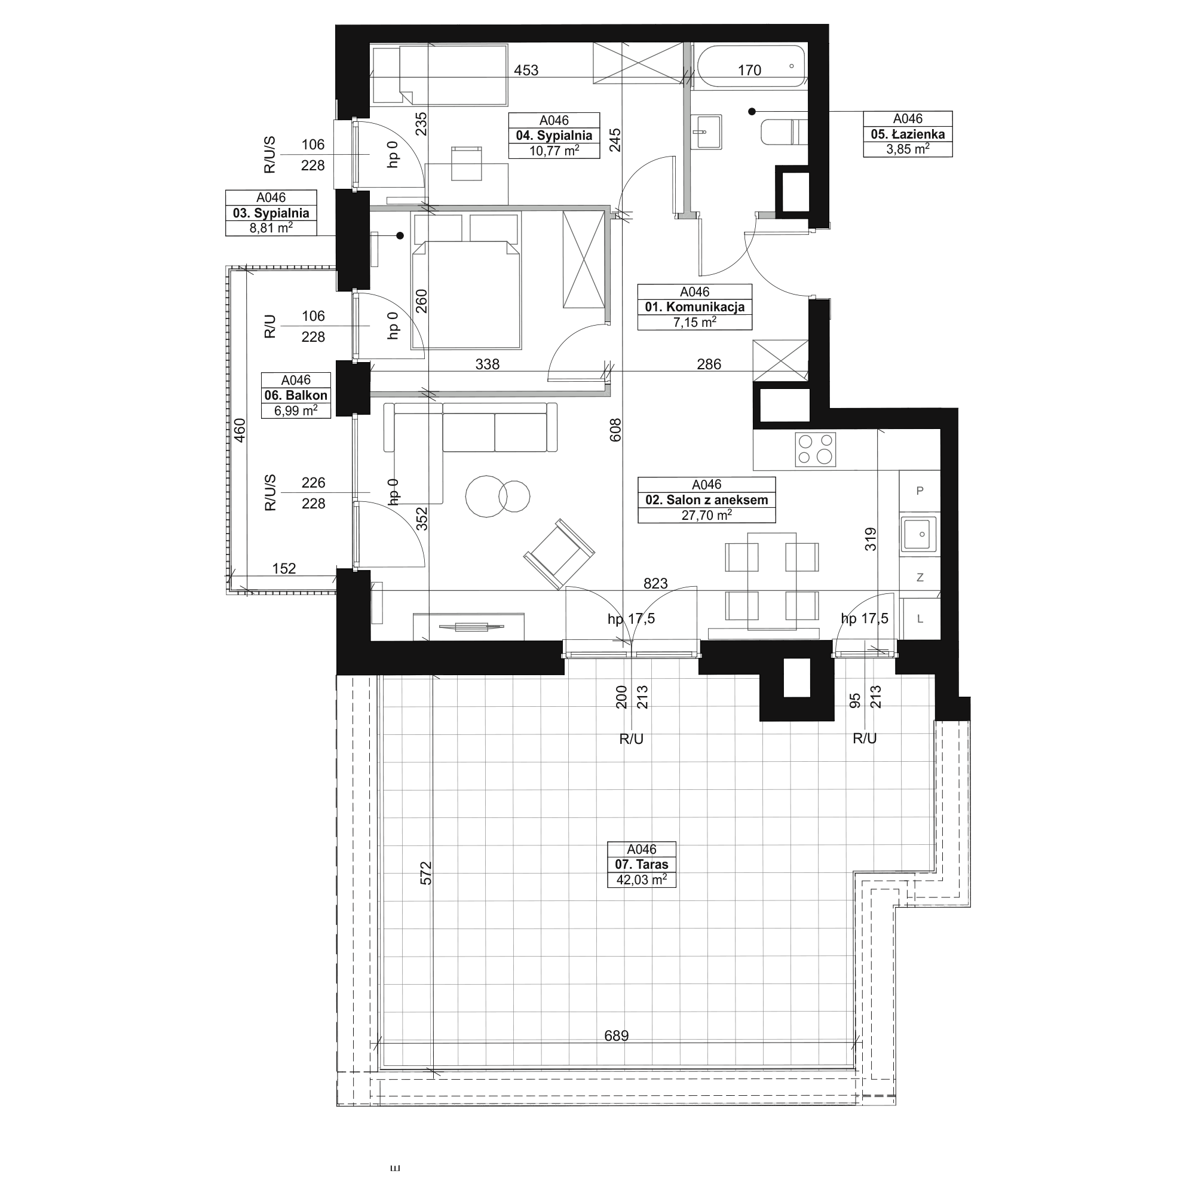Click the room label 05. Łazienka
click(908, 134)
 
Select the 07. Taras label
click(641, 865)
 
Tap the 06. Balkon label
click(296, 395)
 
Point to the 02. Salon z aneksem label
click(706, 500)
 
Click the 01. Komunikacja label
click(695, 307)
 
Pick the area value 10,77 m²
click(554, 150)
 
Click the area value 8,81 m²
click(271, 227)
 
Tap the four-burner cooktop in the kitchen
click(815, 449)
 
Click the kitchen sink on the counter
click(918, 534)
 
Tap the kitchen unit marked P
click(920, 491)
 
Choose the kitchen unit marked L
click(920, 618)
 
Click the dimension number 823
click(655, 583)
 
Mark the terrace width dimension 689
click(616, 1035)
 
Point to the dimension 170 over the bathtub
click(749, 71)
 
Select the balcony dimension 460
click(240, 430)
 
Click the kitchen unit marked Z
click(920, 577)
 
